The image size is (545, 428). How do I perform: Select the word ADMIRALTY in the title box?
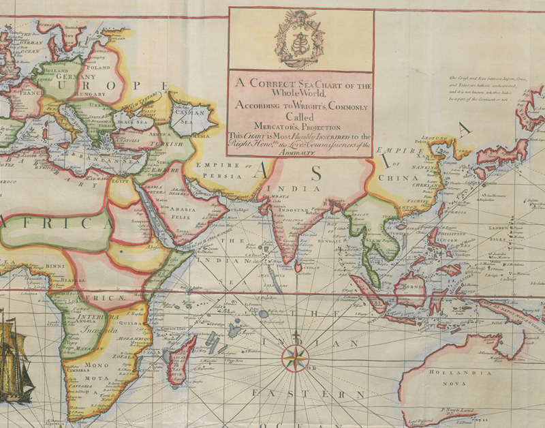[300, 153]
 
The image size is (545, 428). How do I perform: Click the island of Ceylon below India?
[298, 266]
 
